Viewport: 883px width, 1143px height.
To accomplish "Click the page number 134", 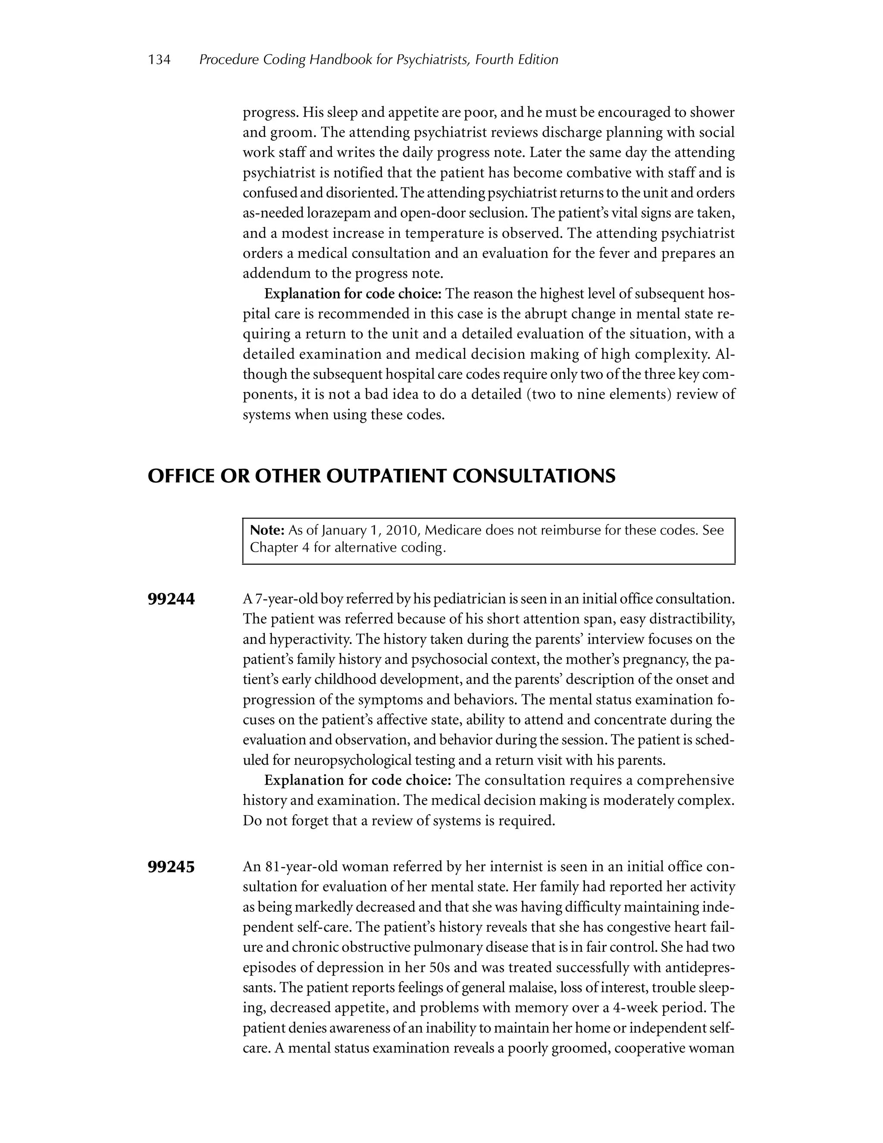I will (159, 60).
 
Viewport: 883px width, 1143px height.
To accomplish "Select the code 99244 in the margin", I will (171, 599).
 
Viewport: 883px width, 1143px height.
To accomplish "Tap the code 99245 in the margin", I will (171, 867).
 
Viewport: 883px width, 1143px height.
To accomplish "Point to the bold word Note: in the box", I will (267, 530).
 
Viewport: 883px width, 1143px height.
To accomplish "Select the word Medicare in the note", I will (453, 530).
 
